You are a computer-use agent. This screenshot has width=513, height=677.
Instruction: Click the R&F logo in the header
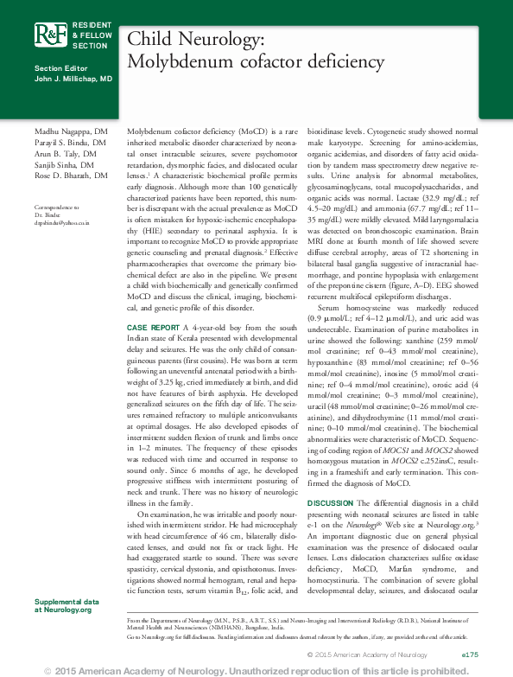(x=49, y=35)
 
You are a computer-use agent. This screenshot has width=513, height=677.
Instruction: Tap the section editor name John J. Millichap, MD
(x=73, y=79)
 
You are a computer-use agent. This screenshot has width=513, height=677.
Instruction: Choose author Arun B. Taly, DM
(x=66, y=153)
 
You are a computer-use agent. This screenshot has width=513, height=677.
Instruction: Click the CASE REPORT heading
(x=154, y=329)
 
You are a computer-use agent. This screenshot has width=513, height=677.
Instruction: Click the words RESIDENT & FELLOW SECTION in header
(x=90, y=34)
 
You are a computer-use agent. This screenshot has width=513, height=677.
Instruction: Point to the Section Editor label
(x=60, y=68)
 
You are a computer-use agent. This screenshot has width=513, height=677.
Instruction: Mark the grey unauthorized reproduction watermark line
(x=256, y=670)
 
